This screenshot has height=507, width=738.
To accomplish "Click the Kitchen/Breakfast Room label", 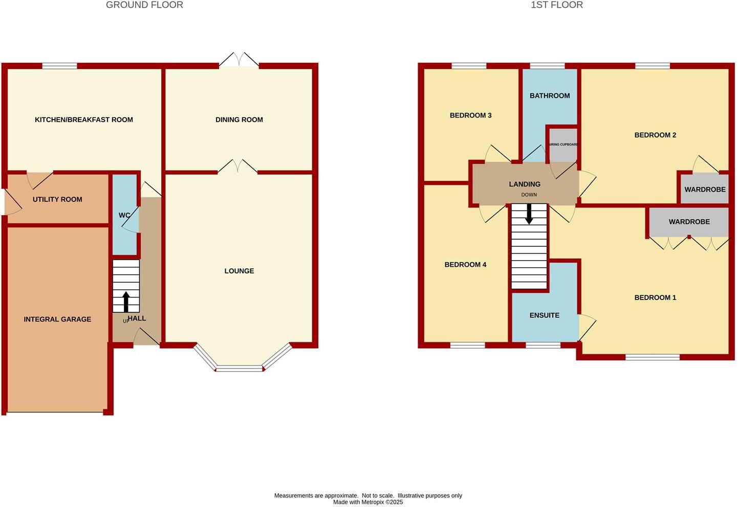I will (84, 120).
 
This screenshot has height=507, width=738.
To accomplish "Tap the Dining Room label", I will (239, 120).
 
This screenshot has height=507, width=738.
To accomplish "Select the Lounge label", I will (239, 271).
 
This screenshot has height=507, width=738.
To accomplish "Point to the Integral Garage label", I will (57, 319).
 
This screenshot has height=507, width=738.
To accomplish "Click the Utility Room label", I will (57, 199).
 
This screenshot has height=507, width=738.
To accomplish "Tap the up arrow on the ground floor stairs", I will (126, 302).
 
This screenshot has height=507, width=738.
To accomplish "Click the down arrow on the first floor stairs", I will (529, 214).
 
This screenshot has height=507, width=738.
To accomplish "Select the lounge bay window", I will (239, 367).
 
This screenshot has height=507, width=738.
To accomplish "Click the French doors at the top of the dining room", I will (239, 60).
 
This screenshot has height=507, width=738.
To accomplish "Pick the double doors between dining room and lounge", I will (237, 167).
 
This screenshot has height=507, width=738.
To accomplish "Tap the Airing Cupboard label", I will (563, 145).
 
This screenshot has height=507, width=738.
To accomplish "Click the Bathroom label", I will (550, 96).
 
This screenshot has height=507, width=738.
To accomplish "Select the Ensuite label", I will (545, 315).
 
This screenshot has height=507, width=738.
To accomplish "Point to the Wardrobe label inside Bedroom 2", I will (705, 190).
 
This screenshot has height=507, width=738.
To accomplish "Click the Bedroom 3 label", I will (470, 116).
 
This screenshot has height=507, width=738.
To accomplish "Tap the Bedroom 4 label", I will (465, 265).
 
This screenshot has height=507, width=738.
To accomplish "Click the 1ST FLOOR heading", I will (557, 5).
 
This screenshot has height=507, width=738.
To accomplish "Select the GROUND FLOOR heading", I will (144, 5).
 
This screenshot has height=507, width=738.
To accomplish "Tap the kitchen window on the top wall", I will (59, 65).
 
